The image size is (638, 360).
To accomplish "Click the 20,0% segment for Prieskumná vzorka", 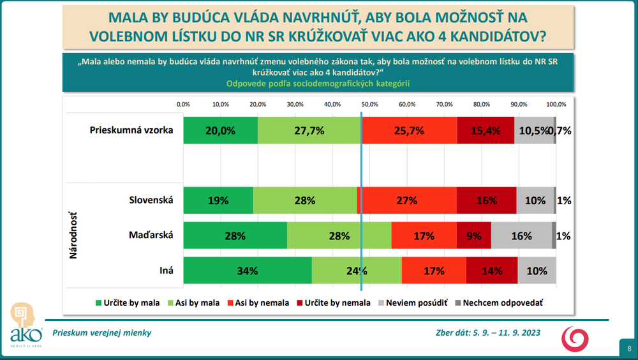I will coord(220,130).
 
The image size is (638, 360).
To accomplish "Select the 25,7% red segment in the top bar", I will coord(409,130).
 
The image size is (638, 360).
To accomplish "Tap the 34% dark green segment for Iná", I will coord(248,270).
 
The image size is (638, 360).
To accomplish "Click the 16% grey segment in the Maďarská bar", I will coord(521,236).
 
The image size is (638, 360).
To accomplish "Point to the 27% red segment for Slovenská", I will coord(407,200).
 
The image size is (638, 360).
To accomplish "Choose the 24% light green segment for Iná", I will coord(357,270).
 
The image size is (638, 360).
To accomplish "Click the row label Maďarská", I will coord(151,235).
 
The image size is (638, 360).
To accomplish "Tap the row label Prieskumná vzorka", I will coord(131,130).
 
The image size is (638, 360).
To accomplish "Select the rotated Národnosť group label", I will coord(73,236).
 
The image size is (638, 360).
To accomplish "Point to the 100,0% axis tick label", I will coord(556,104).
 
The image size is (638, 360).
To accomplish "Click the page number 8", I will coord(629,348).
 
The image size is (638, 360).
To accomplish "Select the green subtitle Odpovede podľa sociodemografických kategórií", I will coord(317,84).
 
